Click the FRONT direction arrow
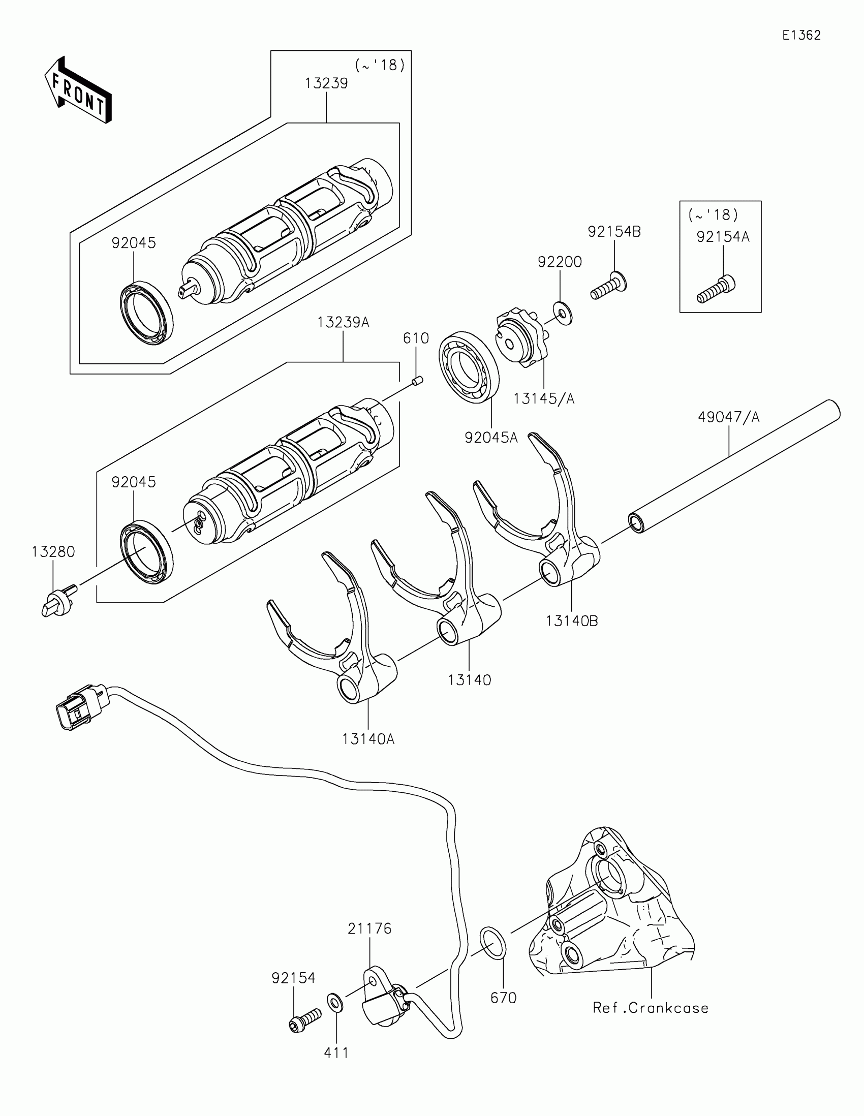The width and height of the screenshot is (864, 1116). pos(78,90)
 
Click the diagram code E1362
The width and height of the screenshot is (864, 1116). pos(801,35)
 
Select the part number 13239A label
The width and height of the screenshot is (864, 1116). pos(343,322)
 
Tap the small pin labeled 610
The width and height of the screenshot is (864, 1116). pos(416,381)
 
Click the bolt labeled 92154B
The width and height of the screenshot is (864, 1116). pos(608,287)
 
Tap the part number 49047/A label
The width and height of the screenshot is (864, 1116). pos(729,417)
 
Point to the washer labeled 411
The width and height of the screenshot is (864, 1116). pos(334,1002)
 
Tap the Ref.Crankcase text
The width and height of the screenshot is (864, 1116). pos(651,1008)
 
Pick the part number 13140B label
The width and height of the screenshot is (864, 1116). pos(572,621)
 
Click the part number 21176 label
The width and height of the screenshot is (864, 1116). pos(369,928)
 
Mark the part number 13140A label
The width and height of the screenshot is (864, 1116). pos(368,739)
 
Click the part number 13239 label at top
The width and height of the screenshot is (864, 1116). pos(326,83)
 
